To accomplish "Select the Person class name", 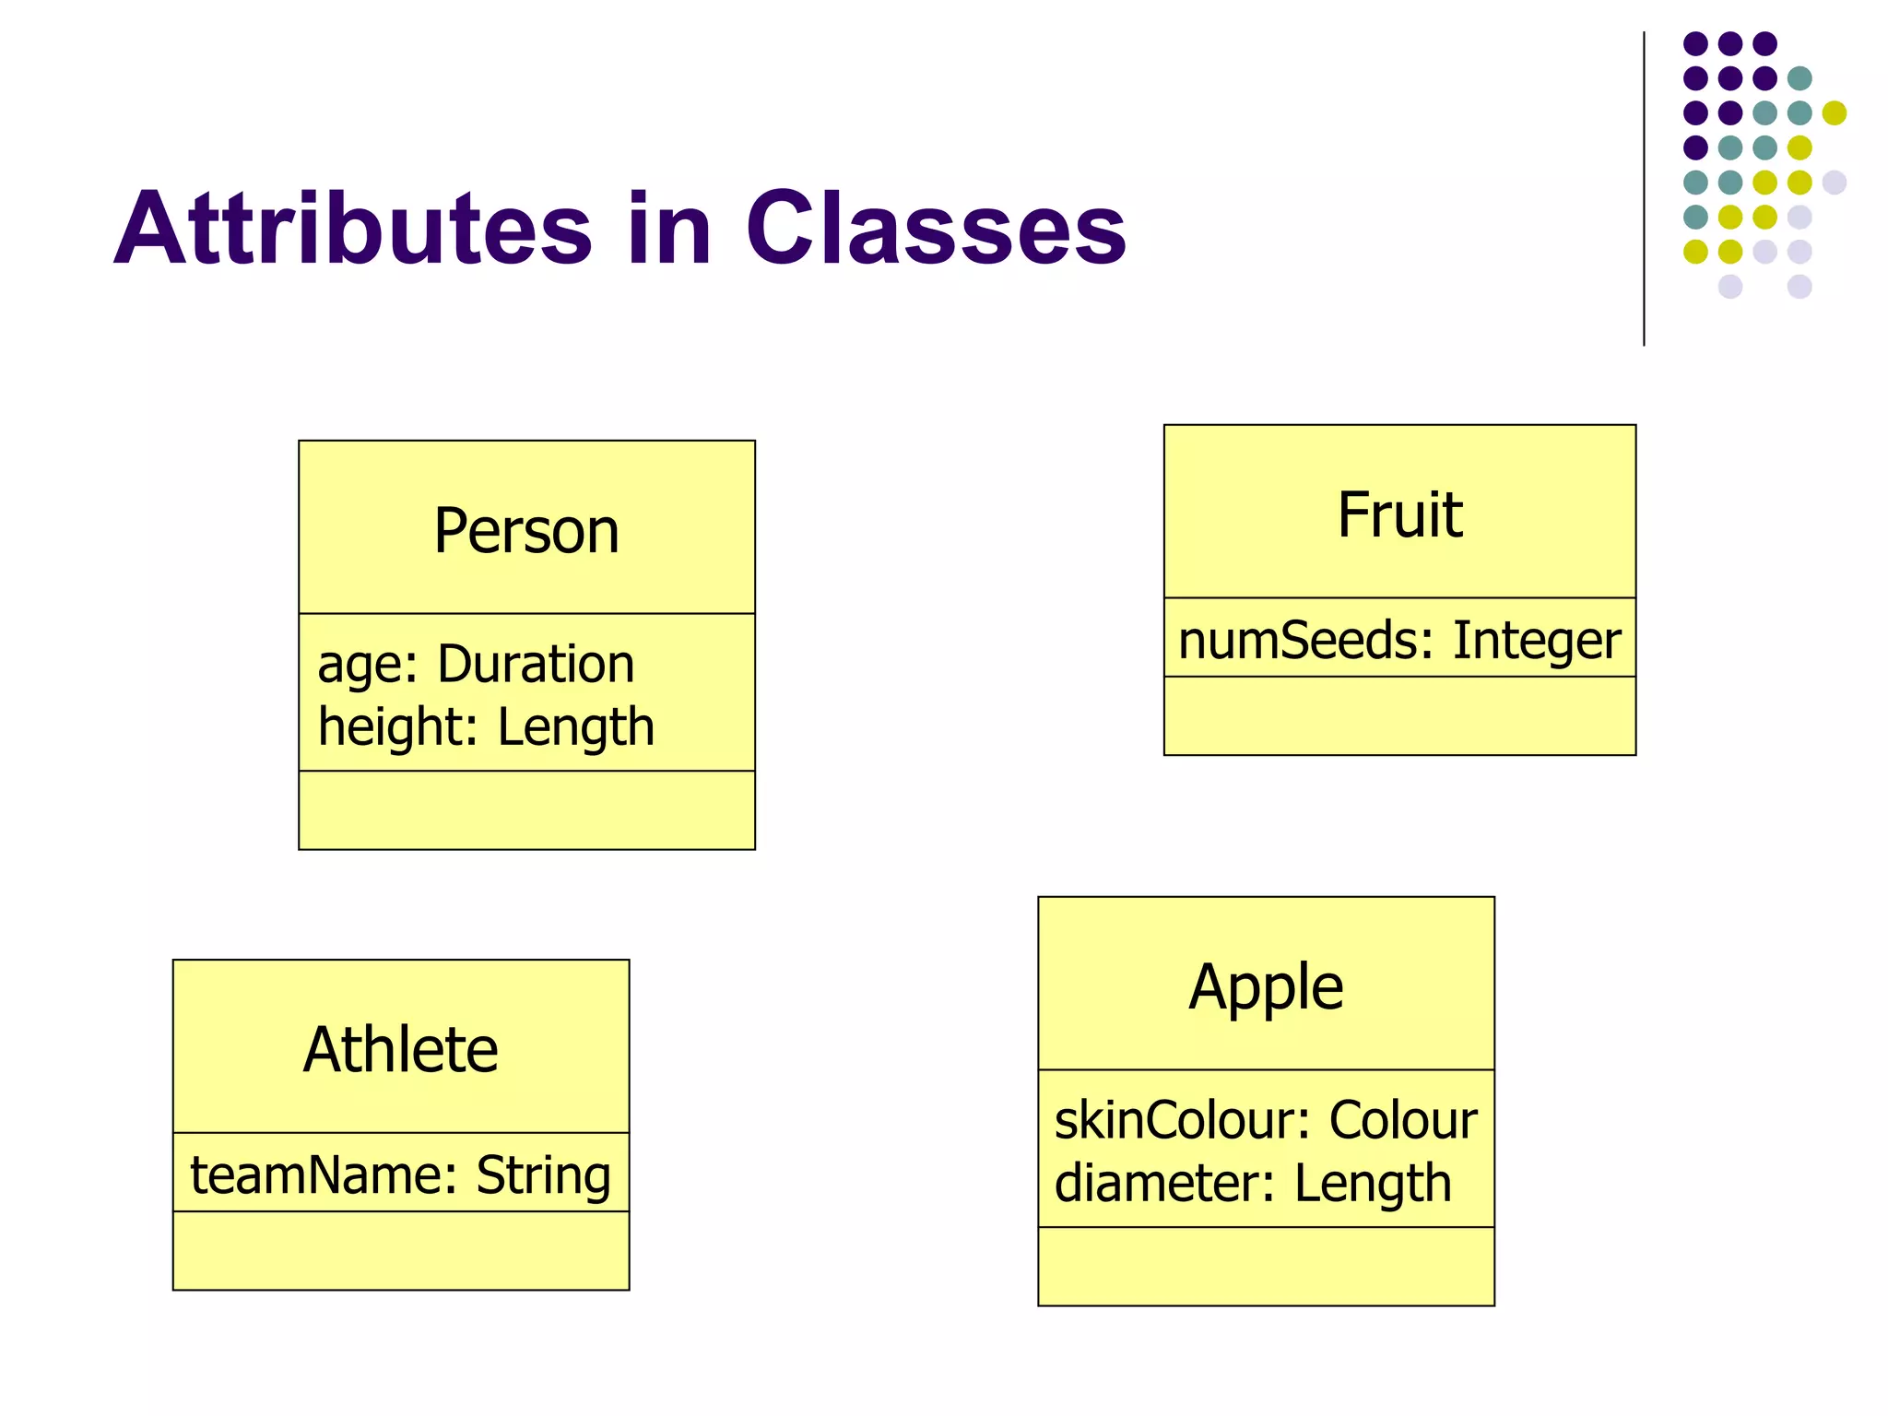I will (x=526, y=531).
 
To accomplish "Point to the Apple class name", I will (x=1266, y=986).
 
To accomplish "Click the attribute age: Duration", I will (x=476, y=664).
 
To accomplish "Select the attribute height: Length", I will (x=486, y=726).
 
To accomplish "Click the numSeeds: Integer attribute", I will (x=1399, y=640).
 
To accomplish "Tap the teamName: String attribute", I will (x=401, y=1174).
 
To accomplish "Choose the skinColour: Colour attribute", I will (x=1266, y=1120).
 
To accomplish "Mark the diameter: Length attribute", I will (x=1253, y=1183).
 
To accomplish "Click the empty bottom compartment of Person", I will (x=526, y=810).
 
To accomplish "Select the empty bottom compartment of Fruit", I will (x=1399, y=716).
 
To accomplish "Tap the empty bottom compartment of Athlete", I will (x=401, y=1251).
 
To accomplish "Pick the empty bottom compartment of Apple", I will (x=1266, y=1267).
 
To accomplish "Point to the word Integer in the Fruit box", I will (x=1537, y=640).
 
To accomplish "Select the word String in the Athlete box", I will (x=543, y=1174).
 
